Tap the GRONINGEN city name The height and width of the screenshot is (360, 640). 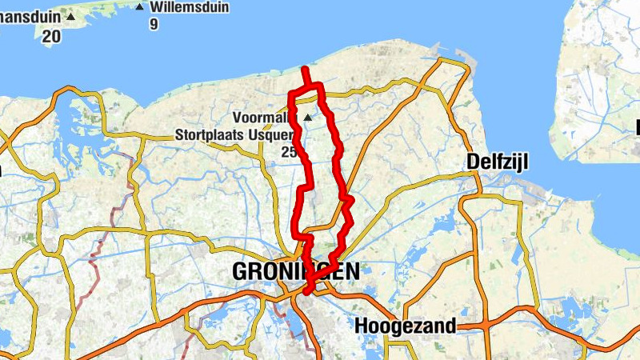click(295, 272)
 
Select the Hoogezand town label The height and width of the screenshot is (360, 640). click(405, 326)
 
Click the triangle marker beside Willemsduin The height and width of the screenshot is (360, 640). click(140, 7)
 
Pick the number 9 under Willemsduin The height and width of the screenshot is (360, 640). click(153, 24)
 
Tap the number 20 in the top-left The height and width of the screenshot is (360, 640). click(50, 36)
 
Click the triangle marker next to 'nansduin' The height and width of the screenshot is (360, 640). click(70, 16)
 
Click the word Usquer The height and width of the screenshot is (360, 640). click(272, 136)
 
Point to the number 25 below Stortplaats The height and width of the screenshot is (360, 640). click(290, 151)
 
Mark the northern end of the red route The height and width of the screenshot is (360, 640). click(304, 70)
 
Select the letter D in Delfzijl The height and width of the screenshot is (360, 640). click(473, 162)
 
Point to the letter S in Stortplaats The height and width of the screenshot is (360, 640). click(178, 136)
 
